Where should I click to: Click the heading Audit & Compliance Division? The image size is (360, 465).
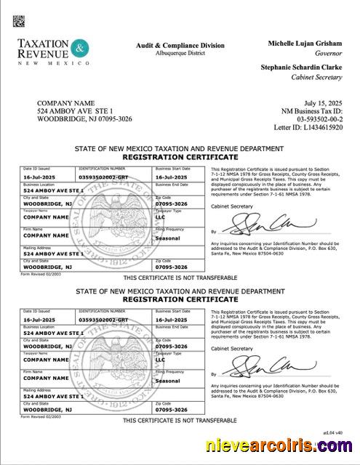180,45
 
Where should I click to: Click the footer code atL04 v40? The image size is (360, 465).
332,432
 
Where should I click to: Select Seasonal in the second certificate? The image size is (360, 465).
168,381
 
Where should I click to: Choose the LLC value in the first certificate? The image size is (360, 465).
161,217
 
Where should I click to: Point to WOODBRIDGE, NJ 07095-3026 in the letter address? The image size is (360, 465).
84,118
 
